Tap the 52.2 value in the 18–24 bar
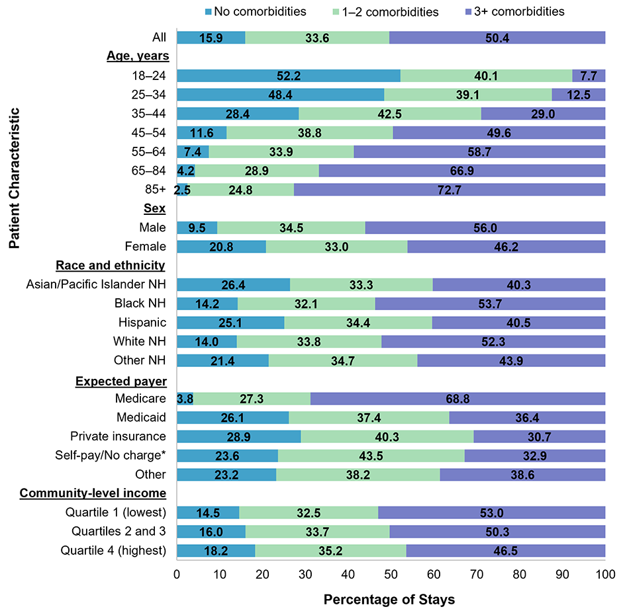289,75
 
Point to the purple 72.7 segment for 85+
450,190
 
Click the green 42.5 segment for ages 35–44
390,114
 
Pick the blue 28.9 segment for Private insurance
239,436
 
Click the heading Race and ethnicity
110,266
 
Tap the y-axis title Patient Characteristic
15,179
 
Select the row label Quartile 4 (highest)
113,551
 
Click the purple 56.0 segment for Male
485,227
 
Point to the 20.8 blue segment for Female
221,247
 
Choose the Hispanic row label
141,323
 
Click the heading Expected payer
121,381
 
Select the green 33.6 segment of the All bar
317,37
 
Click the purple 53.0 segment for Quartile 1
491,512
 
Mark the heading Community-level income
93,494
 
